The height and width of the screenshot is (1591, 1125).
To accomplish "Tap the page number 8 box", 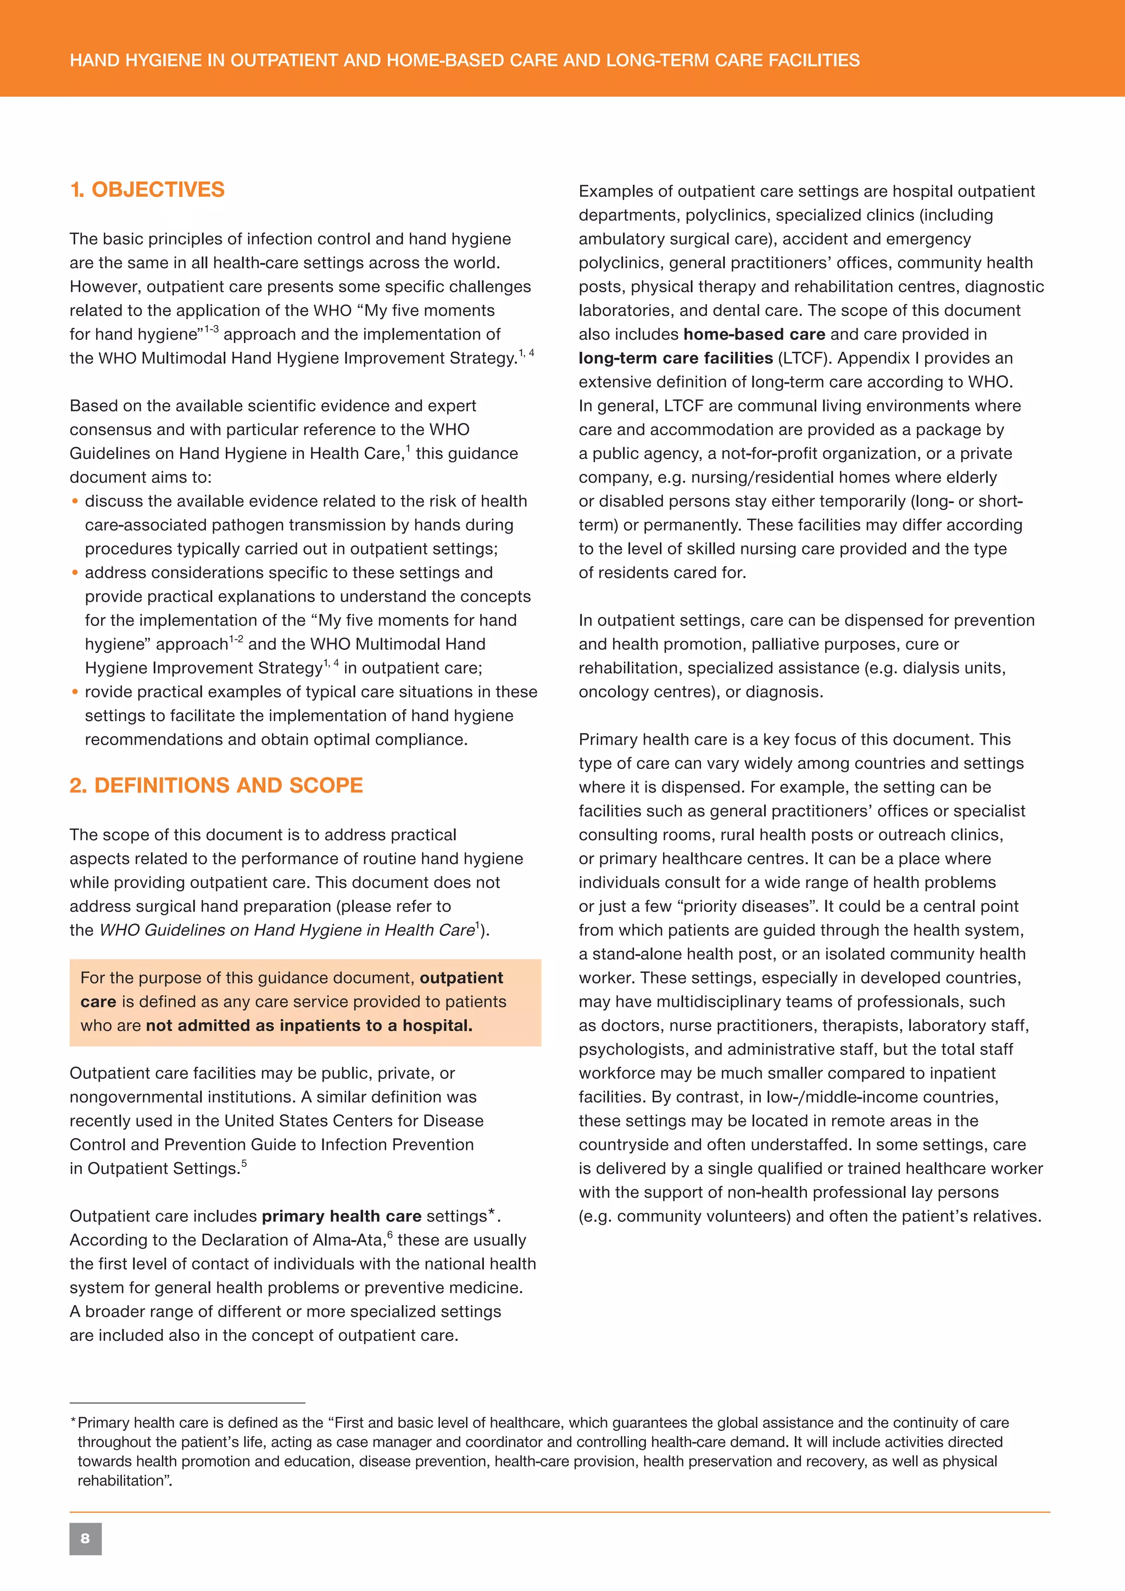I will [85, 1538].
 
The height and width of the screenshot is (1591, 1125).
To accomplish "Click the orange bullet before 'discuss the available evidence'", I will [75, 501].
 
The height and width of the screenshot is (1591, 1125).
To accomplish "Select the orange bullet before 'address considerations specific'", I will [75, 573].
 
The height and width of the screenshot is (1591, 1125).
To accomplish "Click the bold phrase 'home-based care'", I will [754, 334].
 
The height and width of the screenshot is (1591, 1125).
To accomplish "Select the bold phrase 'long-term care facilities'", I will [676, 358].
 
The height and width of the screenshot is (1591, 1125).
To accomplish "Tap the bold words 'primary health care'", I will [342, 1216].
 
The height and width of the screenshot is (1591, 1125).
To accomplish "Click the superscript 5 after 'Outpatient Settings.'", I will [244, 1163].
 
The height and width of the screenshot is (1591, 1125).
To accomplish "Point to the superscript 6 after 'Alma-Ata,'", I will [390, 1235].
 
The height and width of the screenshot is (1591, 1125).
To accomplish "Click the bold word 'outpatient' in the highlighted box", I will [461, 978].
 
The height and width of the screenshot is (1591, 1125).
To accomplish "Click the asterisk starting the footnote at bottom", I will [73, 1422].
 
